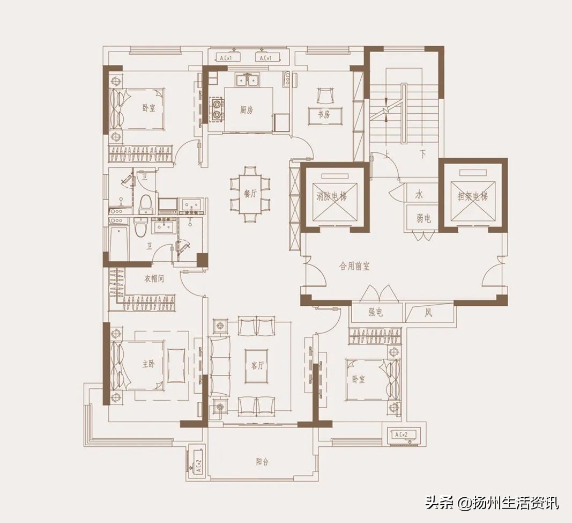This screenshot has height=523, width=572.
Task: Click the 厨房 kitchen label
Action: [246, 111]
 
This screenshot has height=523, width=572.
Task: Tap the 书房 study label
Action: [323, 114]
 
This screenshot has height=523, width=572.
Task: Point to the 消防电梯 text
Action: [331, 196]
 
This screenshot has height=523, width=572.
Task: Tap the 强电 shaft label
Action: [375, 313]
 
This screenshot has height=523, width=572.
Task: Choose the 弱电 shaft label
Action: [423, 218]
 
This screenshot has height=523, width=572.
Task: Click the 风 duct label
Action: [428, 313]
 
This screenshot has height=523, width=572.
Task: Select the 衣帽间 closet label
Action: [154, 279]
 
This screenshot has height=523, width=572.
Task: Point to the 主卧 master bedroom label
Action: [148, 364]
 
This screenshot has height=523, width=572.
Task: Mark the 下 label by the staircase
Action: [422, 154]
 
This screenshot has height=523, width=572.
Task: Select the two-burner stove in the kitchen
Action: [217, 108]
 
